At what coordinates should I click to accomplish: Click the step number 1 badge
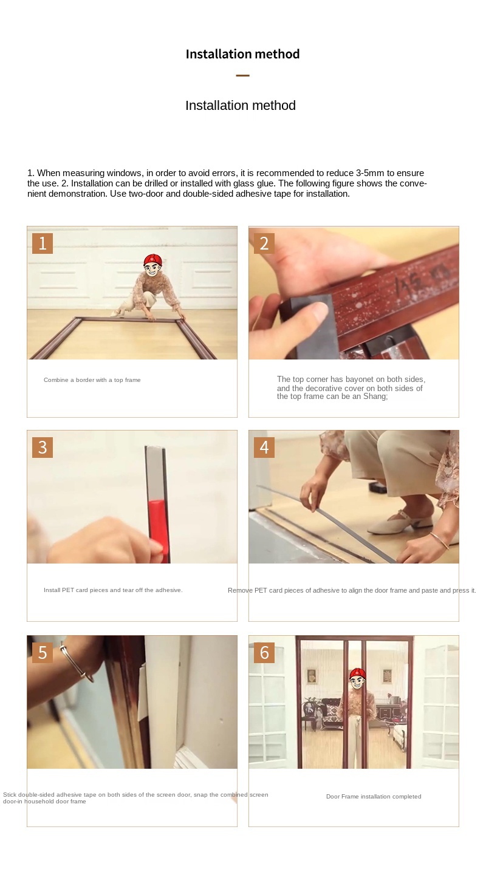[43, 244]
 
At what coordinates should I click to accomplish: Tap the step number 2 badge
[264, 244]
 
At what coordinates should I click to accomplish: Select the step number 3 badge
[43, 448]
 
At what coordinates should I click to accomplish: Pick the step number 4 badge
[264, 448]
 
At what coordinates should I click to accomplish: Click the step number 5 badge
[43, 652]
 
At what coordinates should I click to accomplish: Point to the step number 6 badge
[264, 652]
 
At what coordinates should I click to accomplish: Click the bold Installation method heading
[242, 53]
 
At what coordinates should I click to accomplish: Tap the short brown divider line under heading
[242, 75]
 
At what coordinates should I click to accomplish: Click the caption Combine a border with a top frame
[92, 380]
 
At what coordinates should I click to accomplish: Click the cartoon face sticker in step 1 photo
[152, 265]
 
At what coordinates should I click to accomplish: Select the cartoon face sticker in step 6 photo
[357, 679]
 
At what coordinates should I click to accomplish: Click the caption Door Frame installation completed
[374, 797]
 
